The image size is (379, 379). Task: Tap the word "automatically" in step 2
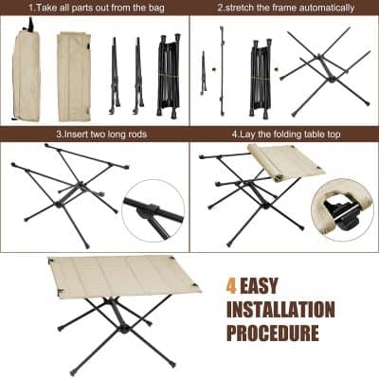[323, 8]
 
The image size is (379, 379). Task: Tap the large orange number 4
[232, 283]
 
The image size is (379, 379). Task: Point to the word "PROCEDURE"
[272, 334]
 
